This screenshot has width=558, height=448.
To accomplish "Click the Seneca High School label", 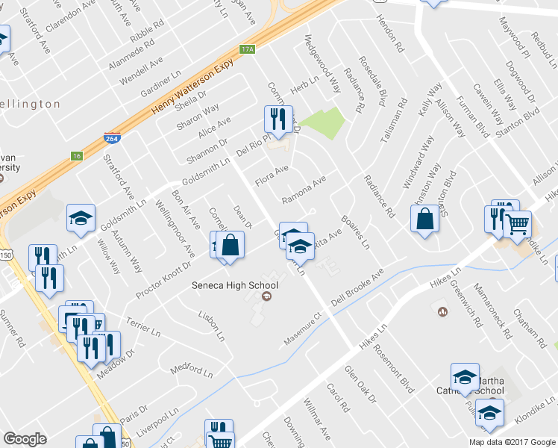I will tap(235, 285).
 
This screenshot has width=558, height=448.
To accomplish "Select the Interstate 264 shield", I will tap(110, 138).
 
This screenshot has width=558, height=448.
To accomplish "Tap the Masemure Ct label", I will tap(301, 330).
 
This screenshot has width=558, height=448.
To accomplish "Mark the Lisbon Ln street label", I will tap(211, 326).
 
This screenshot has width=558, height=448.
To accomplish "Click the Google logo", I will tap(25, 439).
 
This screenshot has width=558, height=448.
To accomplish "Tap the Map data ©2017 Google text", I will tap(512, 442).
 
